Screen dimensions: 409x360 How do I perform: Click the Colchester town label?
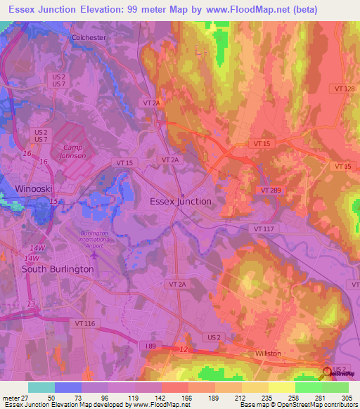(x=89, y=38)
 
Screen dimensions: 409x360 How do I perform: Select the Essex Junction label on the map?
(x=181, y=201)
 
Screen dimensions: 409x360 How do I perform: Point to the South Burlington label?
(x=58, y=269)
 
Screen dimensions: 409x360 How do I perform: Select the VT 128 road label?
(x=345, y=88)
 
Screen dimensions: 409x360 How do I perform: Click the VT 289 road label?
(x=270, y=190)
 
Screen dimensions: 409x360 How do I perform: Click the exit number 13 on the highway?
(x=30, y=304)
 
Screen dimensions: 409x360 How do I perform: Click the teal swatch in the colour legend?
(x=41, y=387)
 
